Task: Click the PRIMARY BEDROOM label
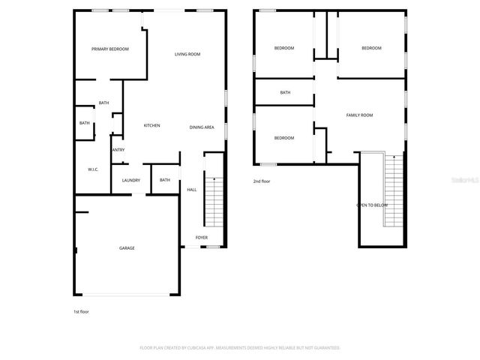pyautogui.click(x=110, y=49)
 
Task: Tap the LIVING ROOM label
pyautogui.click(x=187, y=54)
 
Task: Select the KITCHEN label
pyautogui.click(x=151, y=125)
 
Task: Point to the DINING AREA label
pyautogui.click(x=202, y=127)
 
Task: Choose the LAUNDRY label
pyautogui.click(x=131, y=180)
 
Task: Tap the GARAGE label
pyautogui.click(x=127, y=247)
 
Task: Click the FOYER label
pyautogui.click(x=202, y=238)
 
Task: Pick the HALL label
pyautogui.click(x=192, y=190)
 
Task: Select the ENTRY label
pyautogui.click(x=118, y=150)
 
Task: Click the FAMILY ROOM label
pyautogui.click(x=359, y=115)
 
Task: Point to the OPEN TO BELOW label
pyautogui.click(x=372, y=205)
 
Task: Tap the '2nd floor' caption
pyautogui.click(x=262, y=181)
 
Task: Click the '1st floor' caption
pyautogui.click(x=81, y=311)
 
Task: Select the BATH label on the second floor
pyautogui.click(x=285, y=93)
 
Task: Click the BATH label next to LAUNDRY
pyautogui.click(x=164, y=180)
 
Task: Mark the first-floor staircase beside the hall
pyautogui.click(x=214, y=202)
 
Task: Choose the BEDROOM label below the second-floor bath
pyautogui.click(x=283, y=138)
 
